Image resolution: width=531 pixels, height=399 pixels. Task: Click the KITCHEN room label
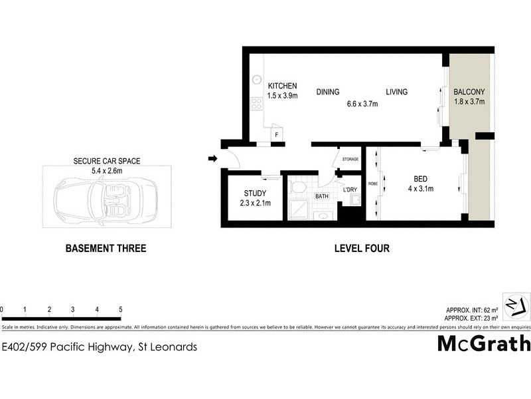tap(282, 86)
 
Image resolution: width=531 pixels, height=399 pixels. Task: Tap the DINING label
tap(328, 92)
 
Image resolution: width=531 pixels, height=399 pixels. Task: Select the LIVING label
tap(397, 92)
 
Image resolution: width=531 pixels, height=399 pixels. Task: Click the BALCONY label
tap(469, 92)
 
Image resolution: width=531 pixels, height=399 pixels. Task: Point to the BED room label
tap(420, 179)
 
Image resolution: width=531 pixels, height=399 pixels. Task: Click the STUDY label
tap(255, 194)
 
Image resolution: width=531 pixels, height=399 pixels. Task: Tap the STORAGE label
tap(350, 160)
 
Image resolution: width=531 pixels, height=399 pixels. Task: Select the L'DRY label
tap(350, 189)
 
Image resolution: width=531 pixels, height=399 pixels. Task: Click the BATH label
tap(322, 196)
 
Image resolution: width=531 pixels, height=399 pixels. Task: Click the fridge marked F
tap(276, 135)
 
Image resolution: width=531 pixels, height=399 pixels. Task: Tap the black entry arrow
tap(212, 158)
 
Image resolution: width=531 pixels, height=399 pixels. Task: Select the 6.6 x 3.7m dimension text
tap(362, 104)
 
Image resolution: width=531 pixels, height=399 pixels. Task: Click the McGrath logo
tap(484, 344)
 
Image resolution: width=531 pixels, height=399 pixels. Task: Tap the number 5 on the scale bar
tap(120, 310)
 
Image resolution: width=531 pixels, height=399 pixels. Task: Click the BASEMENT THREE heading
tap(105, 249)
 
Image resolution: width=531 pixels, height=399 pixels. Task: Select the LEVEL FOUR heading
tap(361, 249)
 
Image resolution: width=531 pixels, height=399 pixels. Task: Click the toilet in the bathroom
tap(298, 188)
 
